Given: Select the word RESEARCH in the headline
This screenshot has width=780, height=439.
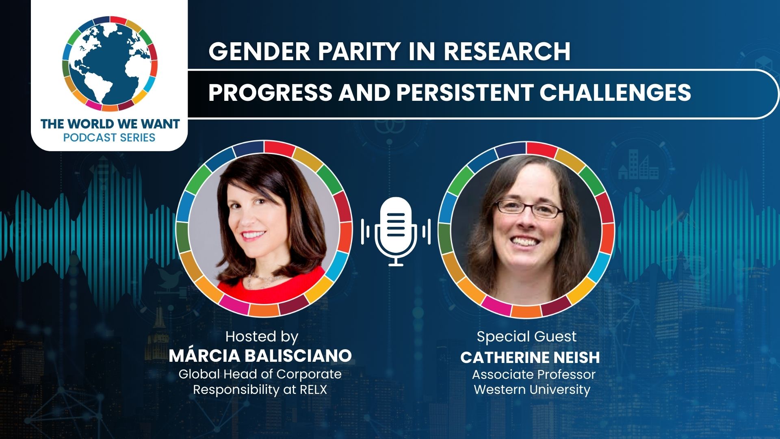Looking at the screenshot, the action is pos(507,51).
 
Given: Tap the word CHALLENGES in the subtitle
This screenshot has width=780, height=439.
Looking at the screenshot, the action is pos(615,92).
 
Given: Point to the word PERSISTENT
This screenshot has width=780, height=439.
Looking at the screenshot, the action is pos(464,92).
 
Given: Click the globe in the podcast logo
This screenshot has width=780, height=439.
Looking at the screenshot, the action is pos(110,63).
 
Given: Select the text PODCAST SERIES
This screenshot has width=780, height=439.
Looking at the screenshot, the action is pos(109,137).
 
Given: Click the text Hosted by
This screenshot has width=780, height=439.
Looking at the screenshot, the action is pos(262,337).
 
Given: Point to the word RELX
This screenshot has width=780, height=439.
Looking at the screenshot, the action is pos(313,389).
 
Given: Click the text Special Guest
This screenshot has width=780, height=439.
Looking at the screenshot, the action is pos(526,337).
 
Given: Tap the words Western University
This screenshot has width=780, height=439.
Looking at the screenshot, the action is pos(532,389).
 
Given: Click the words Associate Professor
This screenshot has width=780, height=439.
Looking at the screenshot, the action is pos(534,374).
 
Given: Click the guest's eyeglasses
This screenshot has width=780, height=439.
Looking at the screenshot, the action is pos(529,208).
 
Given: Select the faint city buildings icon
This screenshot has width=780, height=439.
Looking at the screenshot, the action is pos(638,165).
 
